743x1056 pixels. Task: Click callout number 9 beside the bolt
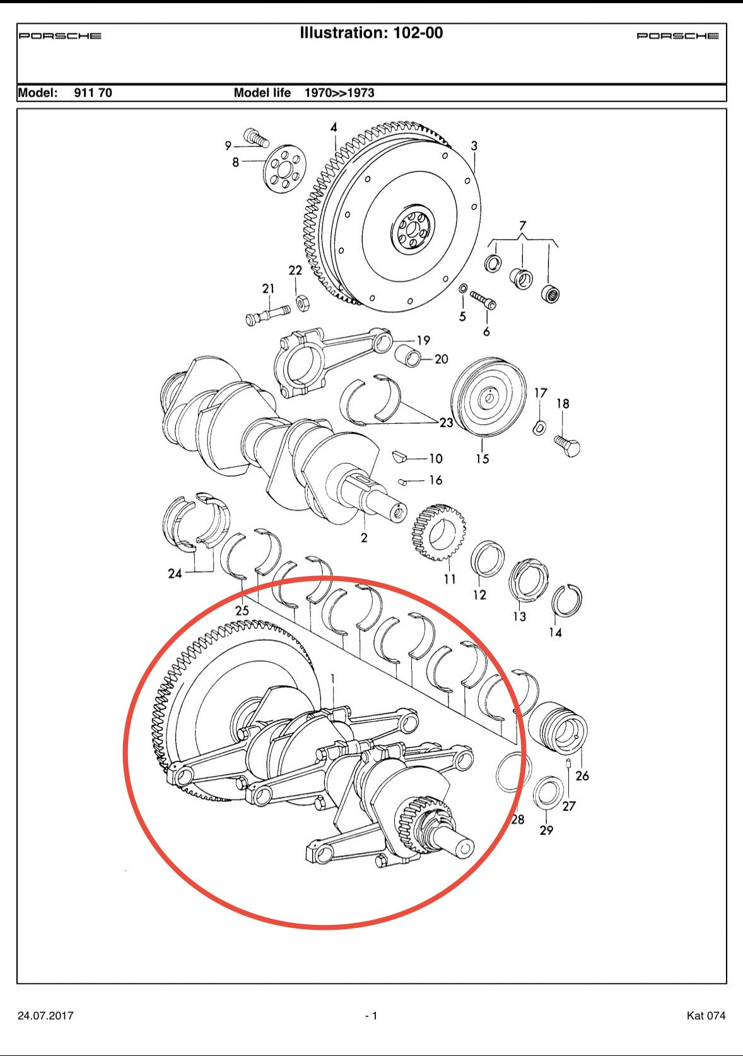228,146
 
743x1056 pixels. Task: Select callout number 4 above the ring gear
334,127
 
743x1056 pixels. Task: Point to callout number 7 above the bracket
522,225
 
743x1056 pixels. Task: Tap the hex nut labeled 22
301,303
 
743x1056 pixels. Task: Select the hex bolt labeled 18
568,445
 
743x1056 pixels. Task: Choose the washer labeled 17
539,427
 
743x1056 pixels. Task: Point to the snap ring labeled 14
566,601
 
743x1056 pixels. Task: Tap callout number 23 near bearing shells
446,423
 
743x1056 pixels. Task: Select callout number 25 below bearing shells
242,610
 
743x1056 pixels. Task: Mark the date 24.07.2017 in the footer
45,1016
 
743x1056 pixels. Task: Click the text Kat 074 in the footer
706,1016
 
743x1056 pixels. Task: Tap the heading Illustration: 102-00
371,33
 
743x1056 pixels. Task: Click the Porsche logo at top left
60,36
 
